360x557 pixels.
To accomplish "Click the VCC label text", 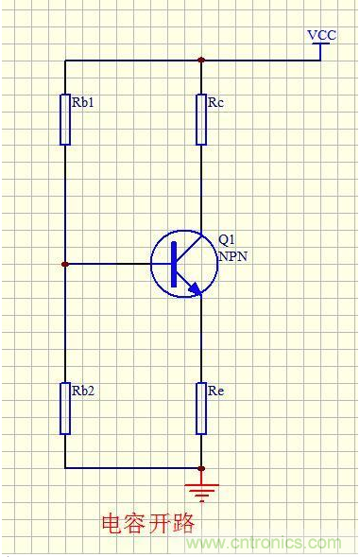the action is (321, 35).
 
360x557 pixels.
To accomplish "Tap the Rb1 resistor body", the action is (65, 119).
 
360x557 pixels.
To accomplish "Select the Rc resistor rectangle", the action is (201, 119).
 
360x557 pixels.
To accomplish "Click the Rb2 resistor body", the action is (65, 409).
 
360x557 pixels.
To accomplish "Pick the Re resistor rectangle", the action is (201, 409).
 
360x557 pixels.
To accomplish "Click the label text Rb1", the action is (83, 102).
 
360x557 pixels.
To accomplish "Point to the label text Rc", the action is (215, 102).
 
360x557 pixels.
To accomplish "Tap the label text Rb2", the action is (83, 391).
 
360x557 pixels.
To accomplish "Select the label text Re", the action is (215, 391).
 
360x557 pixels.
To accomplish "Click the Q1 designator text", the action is (226, 240).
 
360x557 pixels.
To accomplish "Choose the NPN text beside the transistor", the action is (232, 256).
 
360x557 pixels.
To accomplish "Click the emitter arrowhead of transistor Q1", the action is (195, 288).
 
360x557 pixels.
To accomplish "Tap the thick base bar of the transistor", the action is (174, 264).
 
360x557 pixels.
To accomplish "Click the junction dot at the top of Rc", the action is (201, 60).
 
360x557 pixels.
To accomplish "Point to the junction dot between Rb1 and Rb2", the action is (64, 264).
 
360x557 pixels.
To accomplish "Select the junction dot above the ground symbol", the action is (201, 468).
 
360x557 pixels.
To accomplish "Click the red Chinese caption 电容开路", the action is (148, 524).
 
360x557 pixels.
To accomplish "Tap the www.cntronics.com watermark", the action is (264, 543).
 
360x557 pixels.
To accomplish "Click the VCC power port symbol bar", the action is (321, 44).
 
